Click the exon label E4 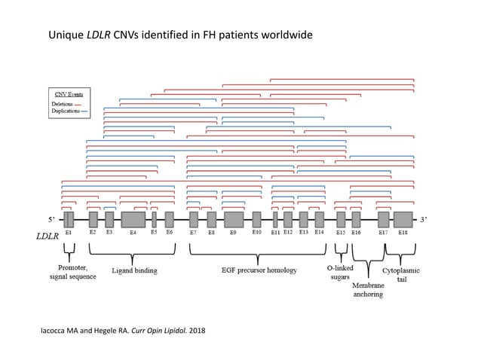click(x=133, y=233)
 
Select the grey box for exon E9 click(x=233, y=219)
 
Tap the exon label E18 click(x=403, y=233)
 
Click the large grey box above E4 click(x=133, y=219)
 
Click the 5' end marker click(x=51, y=220)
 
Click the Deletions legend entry click(x=66, y=103)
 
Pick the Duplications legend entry click(x=69, y=110)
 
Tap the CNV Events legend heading click(x=67, y=95)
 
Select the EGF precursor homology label click(x=259, y=270)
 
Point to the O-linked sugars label click(x=340, y=273)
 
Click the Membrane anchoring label click(x=368, y=290)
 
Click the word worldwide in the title click(x=284, y=35)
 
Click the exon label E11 click(x=276, y=233)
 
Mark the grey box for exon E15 click(x=341, y=219)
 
